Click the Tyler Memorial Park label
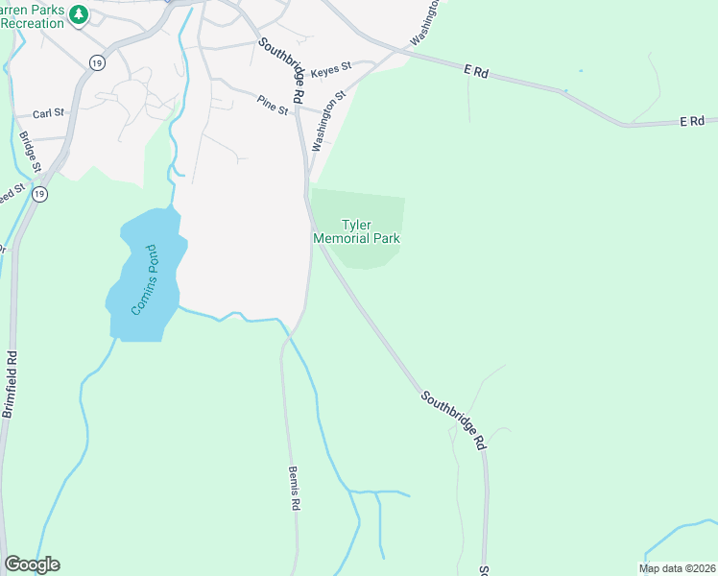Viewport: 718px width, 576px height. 356,231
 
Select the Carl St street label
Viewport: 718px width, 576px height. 48,113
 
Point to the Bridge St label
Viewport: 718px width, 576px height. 30,152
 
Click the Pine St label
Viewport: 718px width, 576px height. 273,105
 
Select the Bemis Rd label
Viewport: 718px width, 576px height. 295,490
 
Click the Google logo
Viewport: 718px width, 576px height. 32,564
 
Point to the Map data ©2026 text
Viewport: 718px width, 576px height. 677,568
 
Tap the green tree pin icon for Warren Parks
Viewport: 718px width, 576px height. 81,14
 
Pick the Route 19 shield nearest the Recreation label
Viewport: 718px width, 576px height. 96,61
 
